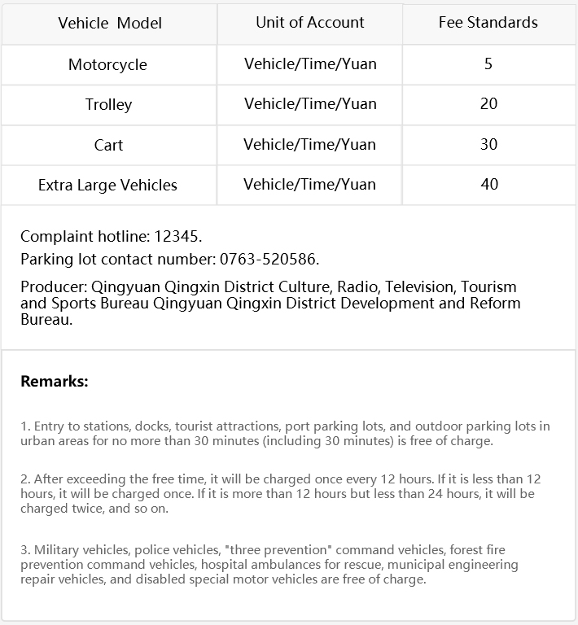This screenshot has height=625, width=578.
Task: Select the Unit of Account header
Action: (x=310, y=23)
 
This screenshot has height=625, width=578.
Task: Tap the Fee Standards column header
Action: (x=488, y=23)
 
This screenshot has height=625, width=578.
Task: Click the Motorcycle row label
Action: (x=107, y=64)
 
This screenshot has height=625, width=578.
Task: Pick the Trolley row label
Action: (x=108, y=104)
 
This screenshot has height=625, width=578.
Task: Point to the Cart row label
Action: (x=108, y=145)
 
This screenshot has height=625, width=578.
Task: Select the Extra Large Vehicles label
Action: (x=107, y=186)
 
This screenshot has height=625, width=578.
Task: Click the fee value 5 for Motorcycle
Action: (x=488, y=63)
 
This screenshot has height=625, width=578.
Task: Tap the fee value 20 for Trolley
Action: (x=488, y=104)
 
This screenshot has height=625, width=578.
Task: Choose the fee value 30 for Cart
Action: (x=488, y=144)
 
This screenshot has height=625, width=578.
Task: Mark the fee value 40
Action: (x=488, y=184)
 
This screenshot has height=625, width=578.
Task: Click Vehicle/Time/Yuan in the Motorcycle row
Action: (x=310, y=63)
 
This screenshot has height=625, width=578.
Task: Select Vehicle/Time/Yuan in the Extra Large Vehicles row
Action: (x=309, y=184)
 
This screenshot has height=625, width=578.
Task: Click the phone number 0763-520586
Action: (x=269, y=260)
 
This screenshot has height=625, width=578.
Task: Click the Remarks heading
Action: (x=54, y=381)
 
